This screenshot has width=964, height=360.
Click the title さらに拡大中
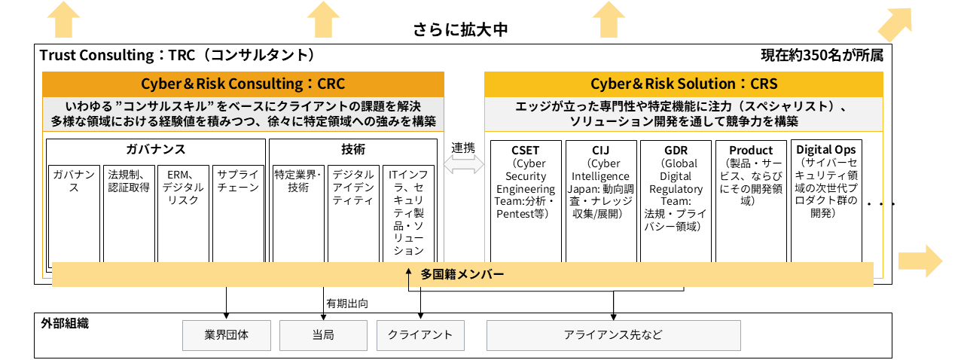[x=460, y=30]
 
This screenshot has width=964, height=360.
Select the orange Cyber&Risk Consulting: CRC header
[x=243, y=84]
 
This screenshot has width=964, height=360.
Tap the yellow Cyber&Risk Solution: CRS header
[x=683, y=84]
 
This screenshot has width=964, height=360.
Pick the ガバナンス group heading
[x=156, y=149]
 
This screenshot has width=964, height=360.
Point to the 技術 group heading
[x=352, y=149]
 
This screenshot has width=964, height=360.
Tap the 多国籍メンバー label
[x=462, y=274]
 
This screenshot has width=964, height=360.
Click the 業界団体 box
[x=226, y=335]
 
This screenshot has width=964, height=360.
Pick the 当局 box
[x=323, y=335]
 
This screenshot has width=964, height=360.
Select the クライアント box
[x=420, y=335]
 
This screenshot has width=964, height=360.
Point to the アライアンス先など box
[x=613, y=335]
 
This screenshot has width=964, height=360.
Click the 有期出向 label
[x=346, y=304]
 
